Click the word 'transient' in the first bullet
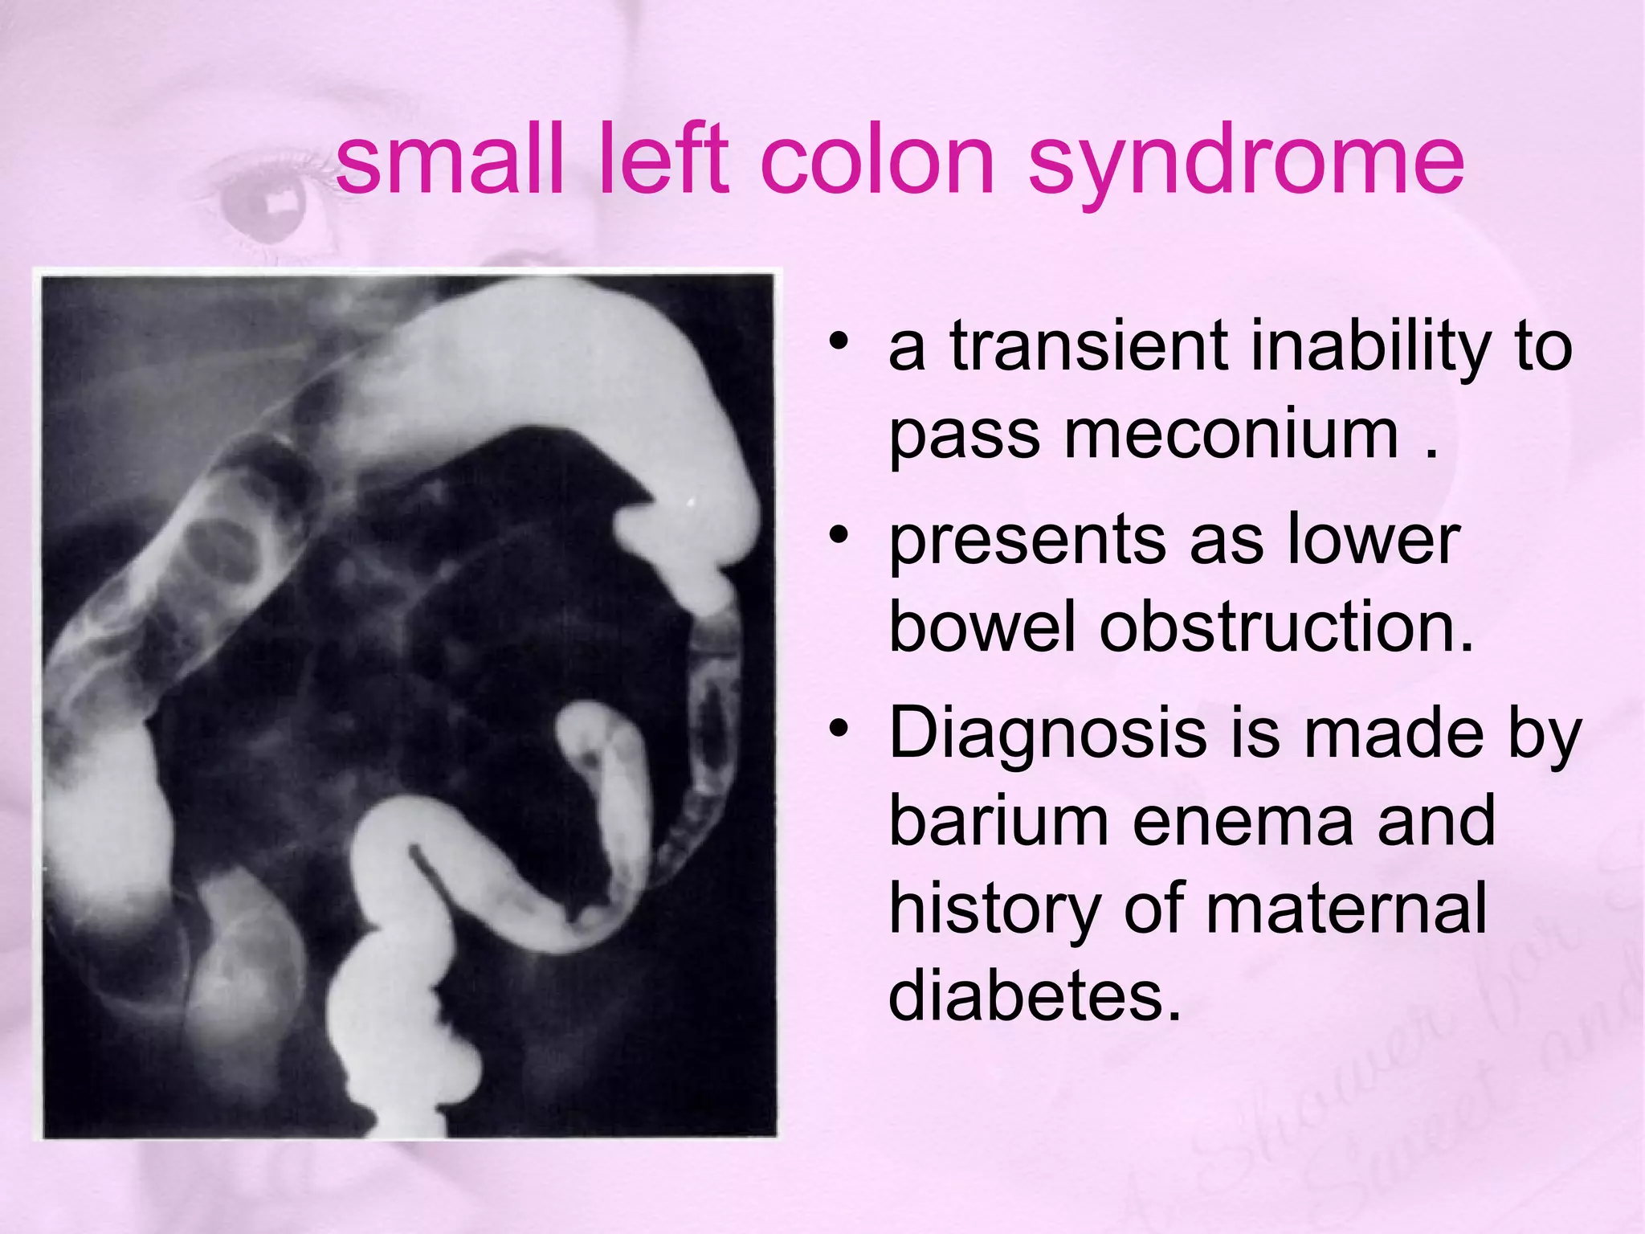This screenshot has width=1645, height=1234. pos(1088,347)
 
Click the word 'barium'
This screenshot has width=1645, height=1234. pos(999,821)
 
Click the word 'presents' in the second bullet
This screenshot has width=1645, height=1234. pos(1027,540)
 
